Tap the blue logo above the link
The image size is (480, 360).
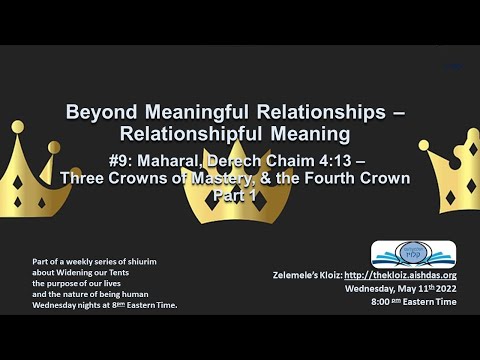413,254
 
